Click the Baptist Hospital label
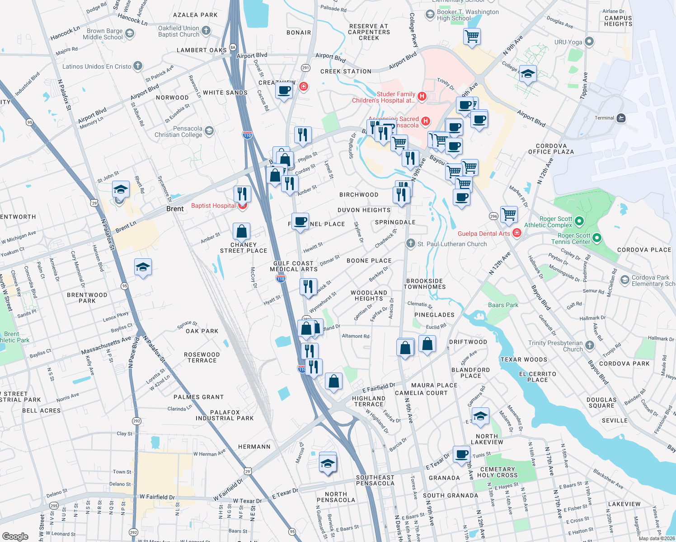tap(213, 206)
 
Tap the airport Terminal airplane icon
tap(621, 118)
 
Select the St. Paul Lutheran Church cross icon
tap(410, 243)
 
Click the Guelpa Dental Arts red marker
tap(517, 233)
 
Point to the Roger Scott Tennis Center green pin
tap(596, 238)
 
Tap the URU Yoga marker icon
tap(589, 42)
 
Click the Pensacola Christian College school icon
tap(209, 131)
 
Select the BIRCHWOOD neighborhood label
tap(359, 195)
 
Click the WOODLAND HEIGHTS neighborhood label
tap(369, 295)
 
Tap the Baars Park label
tap(503, 305)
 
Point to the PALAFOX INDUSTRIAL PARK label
tap(225, 415)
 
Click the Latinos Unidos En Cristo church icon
tap(138, 66)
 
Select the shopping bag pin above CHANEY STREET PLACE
tap(242, 231)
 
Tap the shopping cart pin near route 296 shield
tap(509, 214)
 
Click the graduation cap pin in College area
tap(527, 73)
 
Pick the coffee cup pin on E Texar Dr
tap(462, 454)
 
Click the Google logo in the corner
tap(15, 536)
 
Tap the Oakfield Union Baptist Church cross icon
tap(206, 31)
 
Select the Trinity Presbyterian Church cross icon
tap(589, 346)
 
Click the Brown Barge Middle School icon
tap(129, 33)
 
